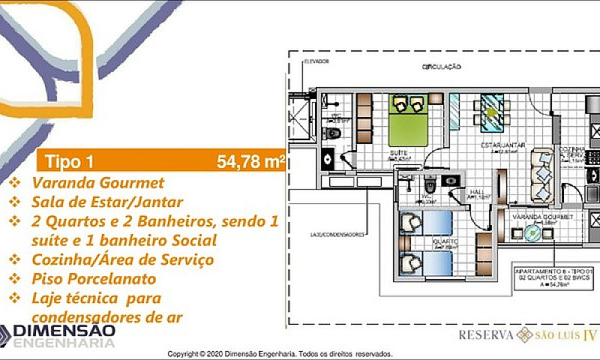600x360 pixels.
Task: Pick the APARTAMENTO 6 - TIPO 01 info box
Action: click(554, 276)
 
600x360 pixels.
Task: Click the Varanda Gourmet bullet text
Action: click(97, 182)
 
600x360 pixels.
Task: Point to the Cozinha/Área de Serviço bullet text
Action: click(122, 259)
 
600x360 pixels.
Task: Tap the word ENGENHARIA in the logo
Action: click(67, 343)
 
